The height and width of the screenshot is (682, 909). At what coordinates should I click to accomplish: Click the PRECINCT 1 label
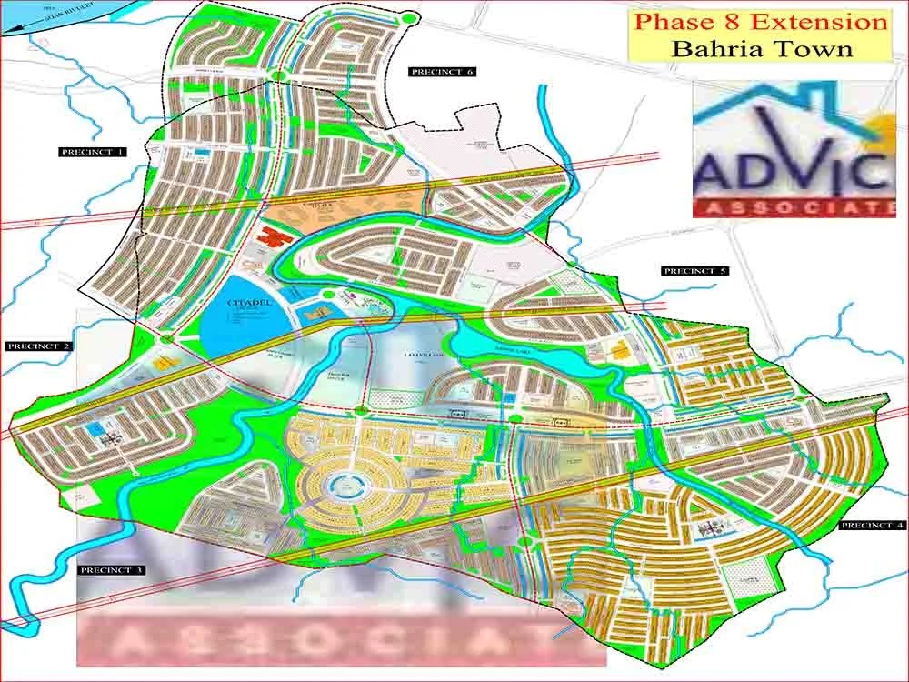tap(93, 152)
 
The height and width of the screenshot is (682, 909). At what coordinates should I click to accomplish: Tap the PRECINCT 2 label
tap(38, 346)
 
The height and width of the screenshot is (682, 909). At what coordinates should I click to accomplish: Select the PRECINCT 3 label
tap(111, 570)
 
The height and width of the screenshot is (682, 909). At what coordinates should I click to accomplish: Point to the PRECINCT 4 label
tap(873, 526)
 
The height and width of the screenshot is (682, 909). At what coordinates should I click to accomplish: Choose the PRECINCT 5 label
tap(695, 271)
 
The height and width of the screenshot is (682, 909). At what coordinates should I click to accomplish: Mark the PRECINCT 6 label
tap(443, 71)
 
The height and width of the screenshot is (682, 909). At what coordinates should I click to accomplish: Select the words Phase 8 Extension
tap(760, 22)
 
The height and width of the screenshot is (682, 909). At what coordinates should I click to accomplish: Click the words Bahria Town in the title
tap(762, 48)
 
